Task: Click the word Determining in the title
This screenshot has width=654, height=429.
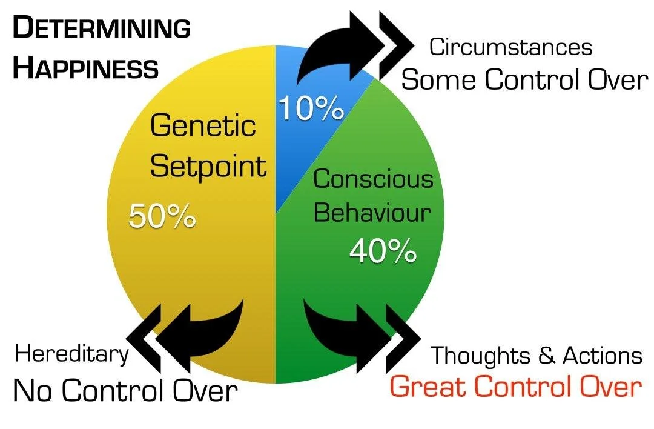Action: point(101,28)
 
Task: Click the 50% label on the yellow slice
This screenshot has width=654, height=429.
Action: point(162,216)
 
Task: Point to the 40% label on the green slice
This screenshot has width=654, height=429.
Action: point(383,250)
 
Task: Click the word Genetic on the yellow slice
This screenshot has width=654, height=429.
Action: point(203,125)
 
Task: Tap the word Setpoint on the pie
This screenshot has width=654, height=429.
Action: point(208,165)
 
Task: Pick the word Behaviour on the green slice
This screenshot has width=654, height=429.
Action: point(372,213)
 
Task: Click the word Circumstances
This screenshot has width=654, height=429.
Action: point(510,47)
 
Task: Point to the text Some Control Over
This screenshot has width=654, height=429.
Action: point(524,79)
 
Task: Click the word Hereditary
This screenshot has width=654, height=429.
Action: point(72,354)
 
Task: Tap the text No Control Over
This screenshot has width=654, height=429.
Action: point(125,391)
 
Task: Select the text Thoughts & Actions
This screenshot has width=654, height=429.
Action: point(536,356)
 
